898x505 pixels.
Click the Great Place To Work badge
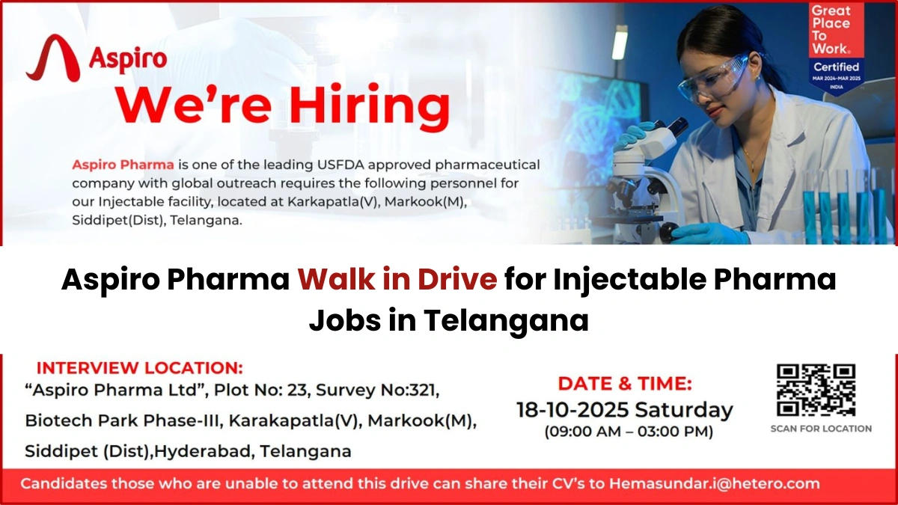coord(836,49)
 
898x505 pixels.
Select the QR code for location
coord(815,390)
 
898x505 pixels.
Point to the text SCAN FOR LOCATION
coord(821,429)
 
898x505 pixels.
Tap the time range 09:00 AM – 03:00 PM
coord(628,432)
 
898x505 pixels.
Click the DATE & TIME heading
coord(625,384)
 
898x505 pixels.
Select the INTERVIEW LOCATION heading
coord(140,368)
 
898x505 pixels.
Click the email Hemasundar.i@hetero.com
coord(714,483)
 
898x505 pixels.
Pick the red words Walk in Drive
coord(397,281)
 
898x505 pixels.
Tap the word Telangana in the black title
coord(507,320)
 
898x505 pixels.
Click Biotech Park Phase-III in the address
coord(123,420)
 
